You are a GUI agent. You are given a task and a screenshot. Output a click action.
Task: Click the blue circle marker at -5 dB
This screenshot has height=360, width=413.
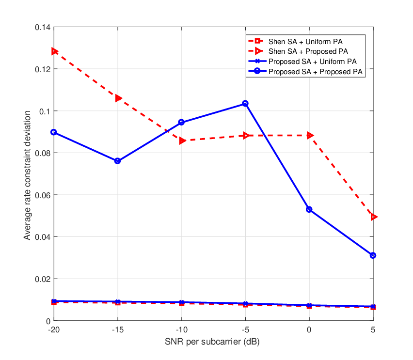click(x=245, y=104)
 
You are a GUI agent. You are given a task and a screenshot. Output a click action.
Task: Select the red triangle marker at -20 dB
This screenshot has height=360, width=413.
click(x=54, y=51)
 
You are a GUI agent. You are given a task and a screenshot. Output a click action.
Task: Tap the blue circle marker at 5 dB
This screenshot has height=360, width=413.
click(x=373, y=255)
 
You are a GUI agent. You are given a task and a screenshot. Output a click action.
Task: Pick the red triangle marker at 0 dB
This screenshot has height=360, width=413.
click(x=310, y=135)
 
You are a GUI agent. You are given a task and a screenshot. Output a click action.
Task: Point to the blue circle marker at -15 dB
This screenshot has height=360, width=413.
click(x=117, y=161)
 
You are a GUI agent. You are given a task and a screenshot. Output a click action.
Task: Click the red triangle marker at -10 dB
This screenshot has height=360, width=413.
click(x=182, y=141)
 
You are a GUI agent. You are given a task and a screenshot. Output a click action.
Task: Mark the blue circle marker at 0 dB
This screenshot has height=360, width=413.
click(x=309, y=209)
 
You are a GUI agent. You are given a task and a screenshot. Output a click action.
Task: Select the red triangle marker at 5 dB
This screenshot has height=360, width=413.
click(x=374, y=217)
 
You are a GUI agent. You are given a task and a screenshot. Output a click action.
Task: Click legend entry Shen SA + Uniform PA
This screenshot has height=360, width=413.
click(x=295, y=41)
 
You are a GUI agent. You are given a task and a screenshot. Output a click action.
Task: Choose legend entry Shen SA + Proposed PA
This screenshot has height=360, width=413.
click(x=298, y=51)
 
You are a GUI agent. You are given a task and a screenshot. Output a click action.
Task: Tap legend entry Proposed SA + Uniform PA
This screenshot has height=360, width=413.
click(x=302, y=62)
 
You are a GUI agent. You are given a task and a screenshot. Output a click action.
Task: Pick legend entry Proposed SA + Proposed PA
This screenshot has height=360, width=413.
click(x=305, y=72)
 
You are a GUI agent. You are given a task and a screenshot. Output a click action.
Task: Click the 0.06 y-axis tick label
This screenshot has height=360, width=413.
click(x=43, y=195)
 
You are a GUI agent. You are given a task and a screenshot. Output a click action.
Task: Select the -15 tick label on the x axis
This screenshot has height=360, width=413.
click(x=117, y=329)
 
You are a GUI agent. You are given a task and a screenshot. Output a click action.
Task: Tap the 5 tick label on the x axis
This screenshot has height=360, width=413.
click(x=373, y=329)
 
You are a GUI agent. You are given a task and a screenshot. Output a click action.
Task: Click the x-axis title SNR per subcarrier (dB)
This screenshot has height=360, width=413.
click(x=212, y=342)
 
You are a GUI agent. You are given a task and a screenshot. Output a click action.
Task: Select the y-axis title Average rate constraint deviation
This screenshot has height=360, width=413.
click(x=27, y=175)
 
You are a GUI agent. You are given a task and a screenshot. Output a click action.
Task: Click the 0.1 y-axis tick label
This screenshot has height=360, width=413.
click(x=45, y=111)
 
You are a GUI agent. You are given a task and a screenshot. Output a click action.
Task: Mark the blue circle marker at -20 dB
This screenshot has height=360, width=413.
click(x=54, y=132)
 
